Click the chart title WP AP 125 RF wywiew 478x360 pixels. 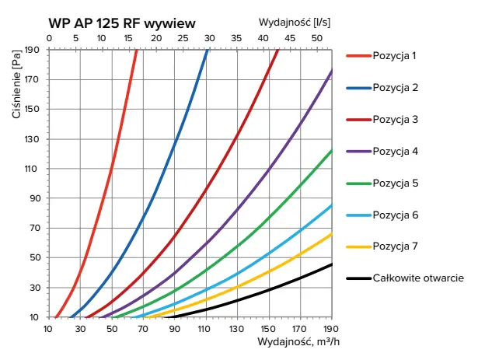point(121,23)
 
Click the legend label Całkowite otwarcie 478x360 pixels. point(418,278)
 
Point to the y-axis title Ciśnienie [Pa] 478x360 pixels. point(16,86)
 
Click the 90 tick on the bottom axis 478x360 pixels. point(175,328)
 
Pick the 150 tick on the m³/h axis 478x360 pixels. point(269,328)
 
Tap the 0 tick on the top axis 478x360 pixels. point(49,37)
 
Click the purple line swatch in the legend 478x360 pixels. point(358,151)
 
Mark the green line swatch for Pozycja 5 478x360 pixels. point(358,183)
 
